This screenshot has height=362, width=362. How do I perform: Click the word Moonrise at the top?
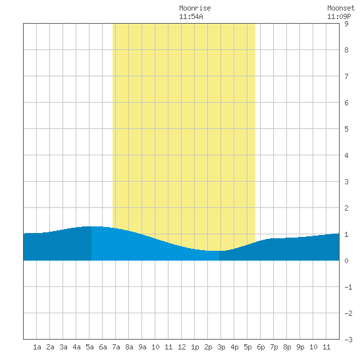(x=195, y=8)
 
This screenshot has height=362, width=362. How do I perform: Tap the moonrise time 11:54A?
(x=191, y=16)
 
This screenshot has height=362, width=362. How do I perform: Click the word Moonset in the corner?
(x=341, y=8)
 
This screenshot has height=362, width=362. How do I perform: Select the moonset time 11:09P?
(x=339, y=16)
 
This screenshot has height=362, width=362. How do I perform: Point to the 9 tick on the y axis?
(x=346, y=24)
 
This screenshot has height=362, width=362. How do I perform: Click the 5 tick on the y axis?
(x=346, y=129)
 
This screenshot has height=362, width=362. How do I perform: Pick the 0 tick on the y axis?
(x=346, y=261)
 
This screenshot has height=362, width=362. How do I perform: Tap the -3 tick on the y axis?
(x=348, y=340)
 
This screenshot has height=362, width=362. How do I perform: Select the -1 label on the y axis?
(x=348, y=287)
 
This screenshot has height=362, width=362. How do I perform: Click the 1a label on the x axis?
(x=37, y=347)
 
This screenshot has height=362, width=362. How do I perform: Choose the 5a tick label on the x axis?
(x=90, y=347)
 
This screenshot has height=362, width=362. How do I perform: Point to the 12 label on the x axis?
(x=182, y=347)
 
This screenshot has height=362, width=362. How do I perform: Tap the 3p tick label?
(x=221, y=347)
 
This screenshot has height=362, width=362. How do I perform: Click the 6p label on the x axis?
(x=261, y=347)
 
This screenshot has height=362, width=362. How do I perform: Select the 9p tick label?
(x=300, y=347)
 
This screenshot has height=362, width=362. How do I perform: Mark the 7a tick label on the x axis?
(x=116, y=347)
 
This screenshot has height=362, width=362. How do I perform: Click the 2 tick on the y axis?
(x=346, y=208)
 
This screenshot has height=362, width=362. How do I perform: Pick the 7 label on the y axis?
(x=346, y=76)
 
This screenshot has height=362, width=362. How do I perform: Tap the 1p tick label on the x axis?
(x=195, y=347)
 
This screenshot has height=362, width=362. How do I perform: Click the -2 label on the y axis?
(x=348, y=313)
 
